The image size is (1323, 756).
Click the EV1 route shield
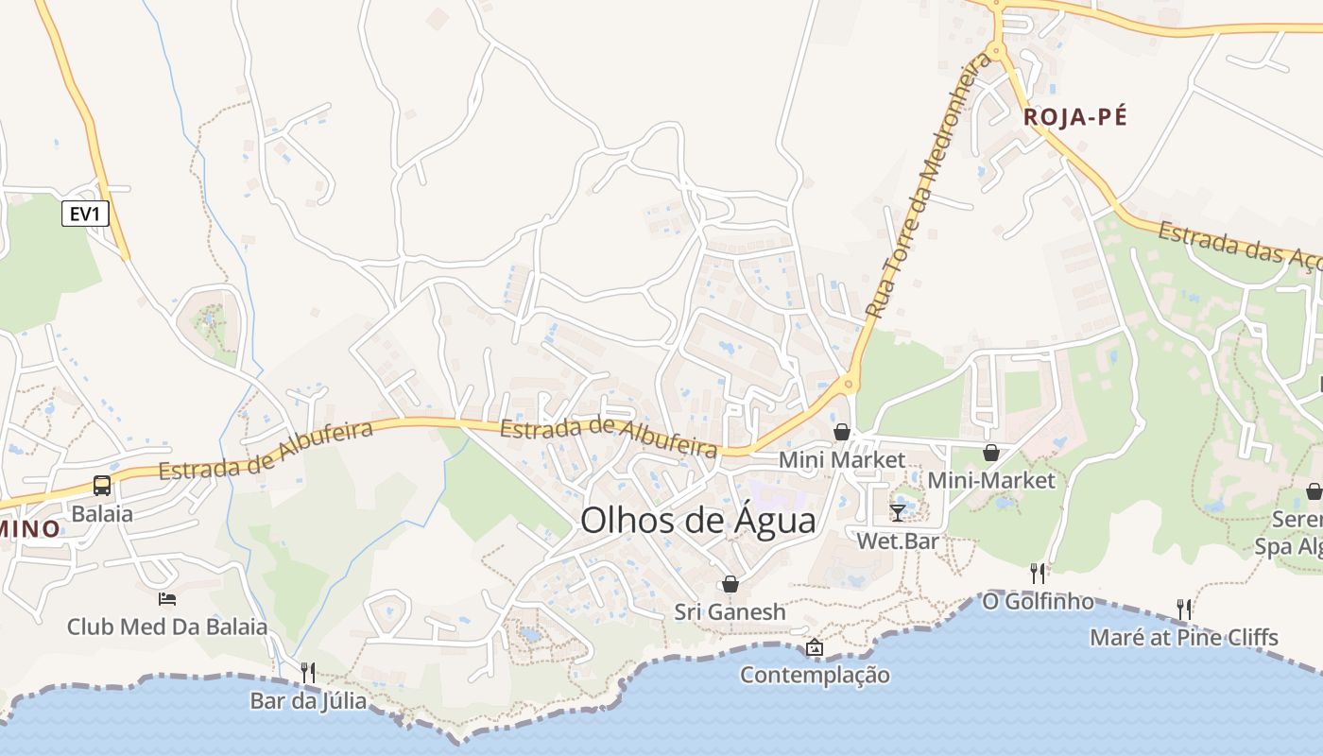pos(85,215)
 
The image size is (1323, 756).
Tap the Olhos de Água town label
pos(697,521)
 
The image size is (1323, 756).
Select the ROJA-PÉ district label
pos(1075,117)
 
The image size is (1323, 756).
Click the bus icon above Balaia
pos(102,487)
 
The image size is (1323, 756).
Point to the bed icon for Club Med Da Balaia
pos(167,598)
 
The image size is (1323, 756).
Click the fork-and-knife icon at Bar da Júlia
pos(308,673)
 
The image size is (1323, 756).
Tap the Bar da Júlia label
pos(308,701)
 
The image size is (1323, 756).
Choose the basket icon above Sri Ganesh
pos(730,584)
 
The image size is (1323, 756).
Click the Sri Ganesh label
pos(730,612)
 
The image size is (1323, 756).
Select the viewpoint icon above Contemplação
pos(814,647)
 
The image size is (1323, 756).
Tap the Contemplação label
pos(814,675)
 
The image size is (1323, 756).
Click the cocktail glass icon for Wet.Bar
pos(898,513)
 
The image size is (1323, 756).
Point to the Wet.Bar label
pos(898,541)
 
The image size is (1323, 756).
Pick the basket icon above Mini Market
pos(842,432)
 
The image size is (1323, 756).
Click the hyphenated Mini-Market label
pos(990,480)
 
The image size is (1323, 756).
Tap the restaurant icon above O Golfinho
pos(1038,573)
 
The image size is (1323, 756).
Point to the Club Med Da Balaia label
pos(167,627)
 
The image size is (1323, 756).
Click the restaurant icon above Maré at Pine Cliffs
pos(1183,609)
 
